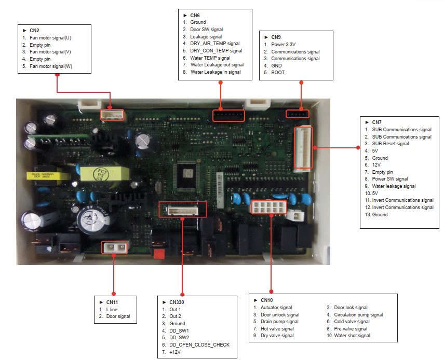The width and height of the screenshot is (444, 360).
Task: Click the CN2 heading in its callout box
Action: coord(34,31)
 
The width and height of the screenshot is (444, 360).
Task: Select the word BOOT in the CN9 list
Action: coord(278,73)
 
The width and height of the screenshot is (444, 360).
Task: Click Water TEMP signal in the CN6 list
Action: coord(210,58)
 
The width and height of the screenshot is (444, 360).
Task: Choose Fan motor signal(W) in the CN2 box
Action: coord(50,66)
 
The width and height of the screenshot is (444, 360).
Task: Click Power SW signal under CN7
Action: coord(390,179)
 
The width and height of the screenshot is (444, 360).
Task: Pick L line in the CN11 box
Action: coord(112,309)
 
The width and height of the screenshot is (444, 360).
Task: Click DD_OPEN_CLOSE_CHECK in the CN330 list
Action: coord(199,344)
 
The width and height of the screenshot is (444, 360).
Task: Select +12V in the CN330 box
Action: coord(175,352)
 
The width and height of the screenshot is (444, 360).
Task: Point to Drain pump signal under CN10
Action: coord(279,322)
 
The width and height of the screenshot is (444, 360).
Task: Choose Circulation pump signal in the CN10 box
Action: coord(358,314)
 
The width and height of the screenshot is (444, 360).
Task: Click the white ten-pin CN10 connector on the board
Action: coord(268,207)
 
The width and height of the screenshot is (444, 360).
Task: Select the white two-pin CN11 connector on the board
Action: coord(114,247)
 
